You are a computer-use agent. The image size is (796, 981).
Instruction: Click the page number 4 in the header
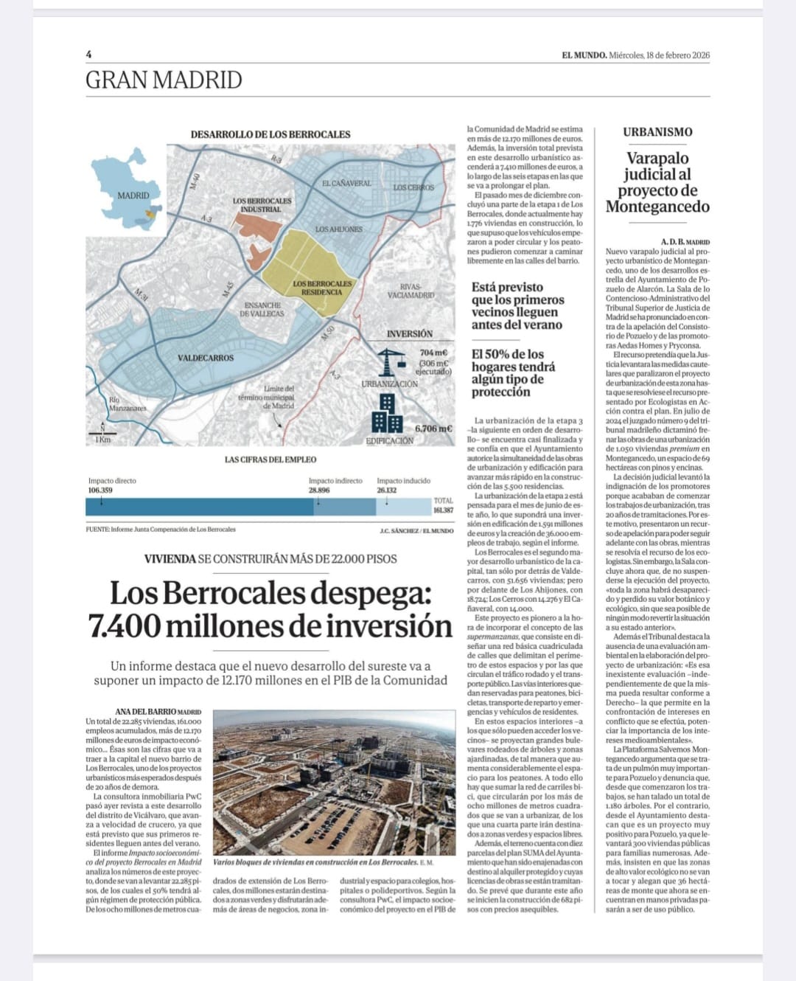pos(88,55)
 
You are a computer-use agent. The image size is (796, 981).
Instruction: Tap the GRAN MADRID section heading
pos(164,80)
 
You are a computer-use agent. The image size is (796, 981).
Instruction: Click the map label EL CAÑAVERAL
pos(346,183)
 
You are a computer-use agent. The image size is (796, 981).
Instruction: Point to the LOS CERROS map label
pos(413,187)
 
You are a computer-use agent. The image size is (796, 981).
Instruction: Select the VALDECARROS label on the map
pos(206,358)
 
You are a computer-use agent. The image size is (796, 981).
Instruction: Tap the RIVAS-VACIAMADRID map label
pos(411,291)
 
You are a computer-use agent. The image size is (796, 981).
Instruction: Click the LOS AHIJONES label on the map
pos(338,229)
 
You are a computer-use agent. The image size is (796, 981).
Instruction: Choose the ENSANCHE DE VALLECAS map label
pos(262,309)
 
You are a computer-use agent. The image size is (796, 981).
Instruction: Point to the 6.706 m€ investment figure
pos(433,429)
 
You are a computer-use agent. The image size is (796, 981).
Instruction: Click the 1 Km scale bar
pos(102,436)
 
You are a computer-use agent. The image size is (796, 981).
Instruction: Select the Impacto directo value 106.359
pos(100,490)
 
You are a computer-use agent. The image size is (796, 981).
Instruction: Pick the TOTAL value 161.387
pos(443,510)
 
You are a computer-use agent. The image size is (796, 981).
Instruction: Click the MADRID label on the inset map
pos(133,195)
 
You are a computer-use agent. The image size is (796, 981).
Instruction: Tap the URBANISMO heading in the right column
pos(657,132)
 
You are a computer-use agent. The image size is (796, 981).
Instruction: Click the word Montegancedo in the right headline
pos(657,207)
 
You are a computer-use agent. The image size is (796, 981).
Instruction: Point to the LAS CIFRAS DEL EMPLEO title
pos(270,460)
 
